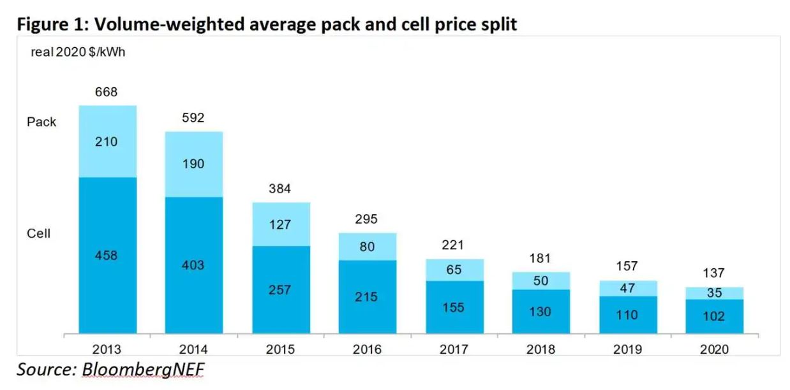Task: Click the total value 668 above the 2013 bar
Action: (107, 92)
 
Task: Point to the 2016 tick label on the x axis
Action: (367, 349)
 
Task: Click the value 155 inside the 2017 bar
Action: (454, 307)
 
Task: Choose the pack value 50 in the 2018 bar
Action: (540, 281)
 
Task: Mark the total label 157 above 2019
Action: (627, 266)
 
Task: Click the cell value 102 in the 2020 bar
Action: (714, 316)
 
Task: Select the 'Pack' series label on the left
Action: (41, 122)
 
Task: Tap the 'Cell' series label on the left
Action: (38, 234)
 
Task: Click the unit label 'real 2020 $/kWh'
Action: (78, 52)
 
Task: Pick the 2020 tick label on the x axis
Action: (714, 349)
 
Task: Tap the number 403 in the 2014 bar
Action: (193, 264)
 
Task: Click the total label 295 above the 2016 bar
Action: (367, 219)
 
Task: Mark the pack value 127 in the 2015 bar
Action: (280, 224)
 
